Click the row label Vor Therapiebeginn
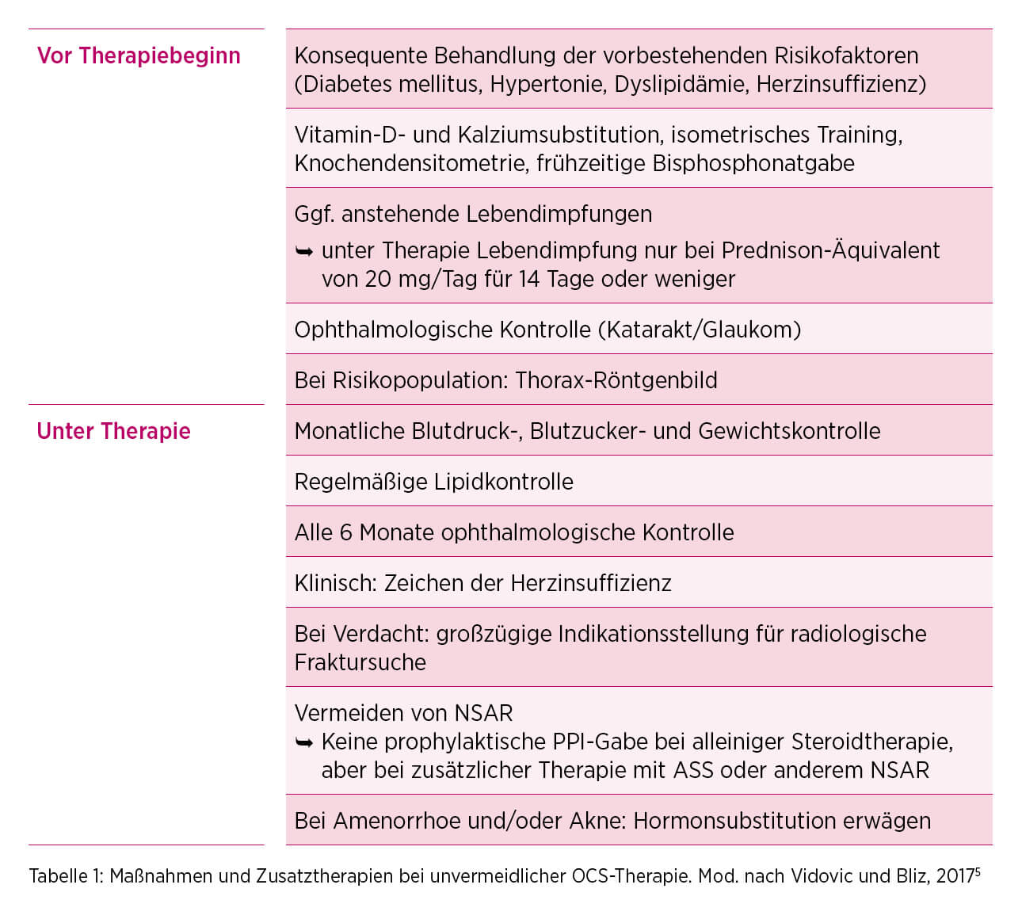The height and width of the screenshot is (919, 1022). click(x=139, y=55)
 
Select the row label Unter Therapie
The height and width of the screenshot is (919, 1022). click(x=113, y=431)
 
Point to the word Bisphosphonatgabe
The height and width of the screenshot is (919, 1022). click(x=753, y=163)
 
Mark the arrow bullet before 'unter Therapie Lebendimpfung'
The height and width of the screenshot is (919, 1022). click(x=304, y=251)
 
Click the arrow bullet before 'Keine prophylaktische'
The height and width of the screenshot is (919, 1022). click(x=304, y=742)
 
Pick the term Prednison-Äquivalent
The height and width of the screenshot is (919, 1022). click(x=830, y=250)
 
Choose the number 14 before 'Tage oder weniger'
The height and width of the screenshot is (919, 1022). click(x=529, y=279)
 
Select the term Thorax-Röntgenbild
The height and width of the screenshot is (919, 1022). click(x=616, y=380)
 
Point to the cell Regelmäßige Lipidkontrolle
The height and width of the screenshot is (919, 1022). click(x=433, y=482)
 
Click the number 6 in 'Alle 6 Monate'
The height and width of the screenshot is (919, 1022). click(x=345, y=532)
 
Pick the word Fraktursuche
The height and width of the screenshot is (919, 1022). click(x=360, y=662)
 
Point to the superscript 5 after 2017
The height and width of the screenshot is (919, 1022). click(x=978, y=871)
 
